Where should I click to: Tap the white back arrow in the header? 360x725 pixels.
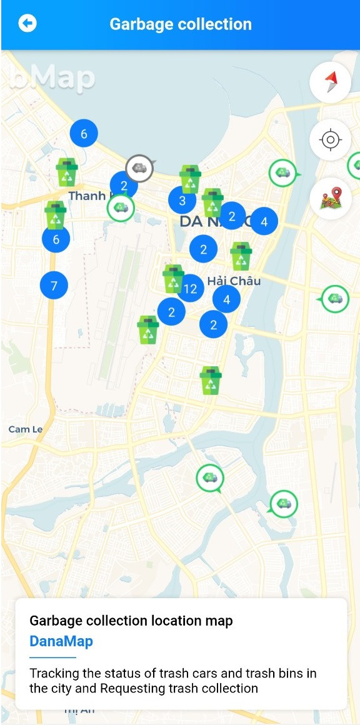(27, 24)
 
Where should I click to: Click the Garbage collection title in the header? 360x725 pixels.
(181, 24)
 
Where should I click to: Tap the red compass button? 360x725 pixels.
(330, 82)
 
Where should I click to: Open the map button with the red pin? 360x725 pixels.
(330, 198)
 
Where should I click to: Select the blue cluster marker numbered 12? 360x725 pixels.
(191, 288)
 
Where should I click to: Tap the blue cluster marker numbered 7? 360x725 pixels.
(54, 286)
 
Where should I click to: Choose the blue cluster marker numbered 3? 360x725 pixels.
(182, 201)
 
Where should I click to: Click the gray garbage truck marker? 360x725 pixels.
(139, 168)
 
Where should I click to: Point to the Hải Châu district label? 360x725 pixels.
(234, 281)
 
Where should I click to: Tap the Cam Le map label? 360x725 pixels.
(26, 429)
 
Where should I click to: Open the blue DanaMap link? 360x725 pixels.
(61, 641)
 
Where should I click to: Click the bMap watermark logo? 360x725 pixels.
(52, 78)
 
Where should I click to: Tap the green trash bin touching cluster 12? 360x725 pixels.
(173, 278)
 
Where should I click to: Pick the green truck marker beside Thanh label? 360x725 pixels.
(120, 208)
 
